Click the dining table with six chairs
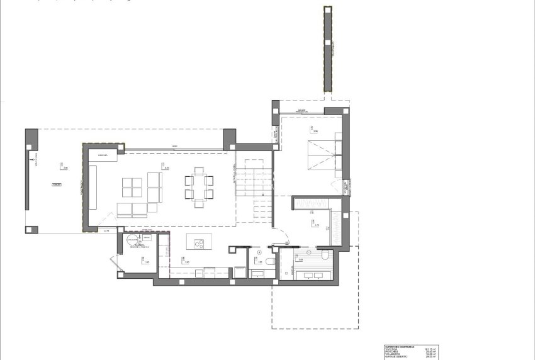[x=198, y=187]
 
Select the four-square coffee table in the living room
[x=132, y=187]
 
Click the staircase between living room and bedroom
[x=254, y=189]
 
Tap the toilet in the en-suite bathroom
[x=326, y=256]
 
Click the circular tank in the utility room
[x=132, y=240]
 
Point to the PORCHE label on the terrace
[x=57, y=186]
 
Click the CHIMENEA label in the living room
[x=103, y=154]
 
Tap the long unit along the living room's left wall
[x=93, y=187]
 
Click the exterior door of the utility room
[x=115, y=263]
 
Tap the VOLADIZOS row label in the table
[x=393, y=354]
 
